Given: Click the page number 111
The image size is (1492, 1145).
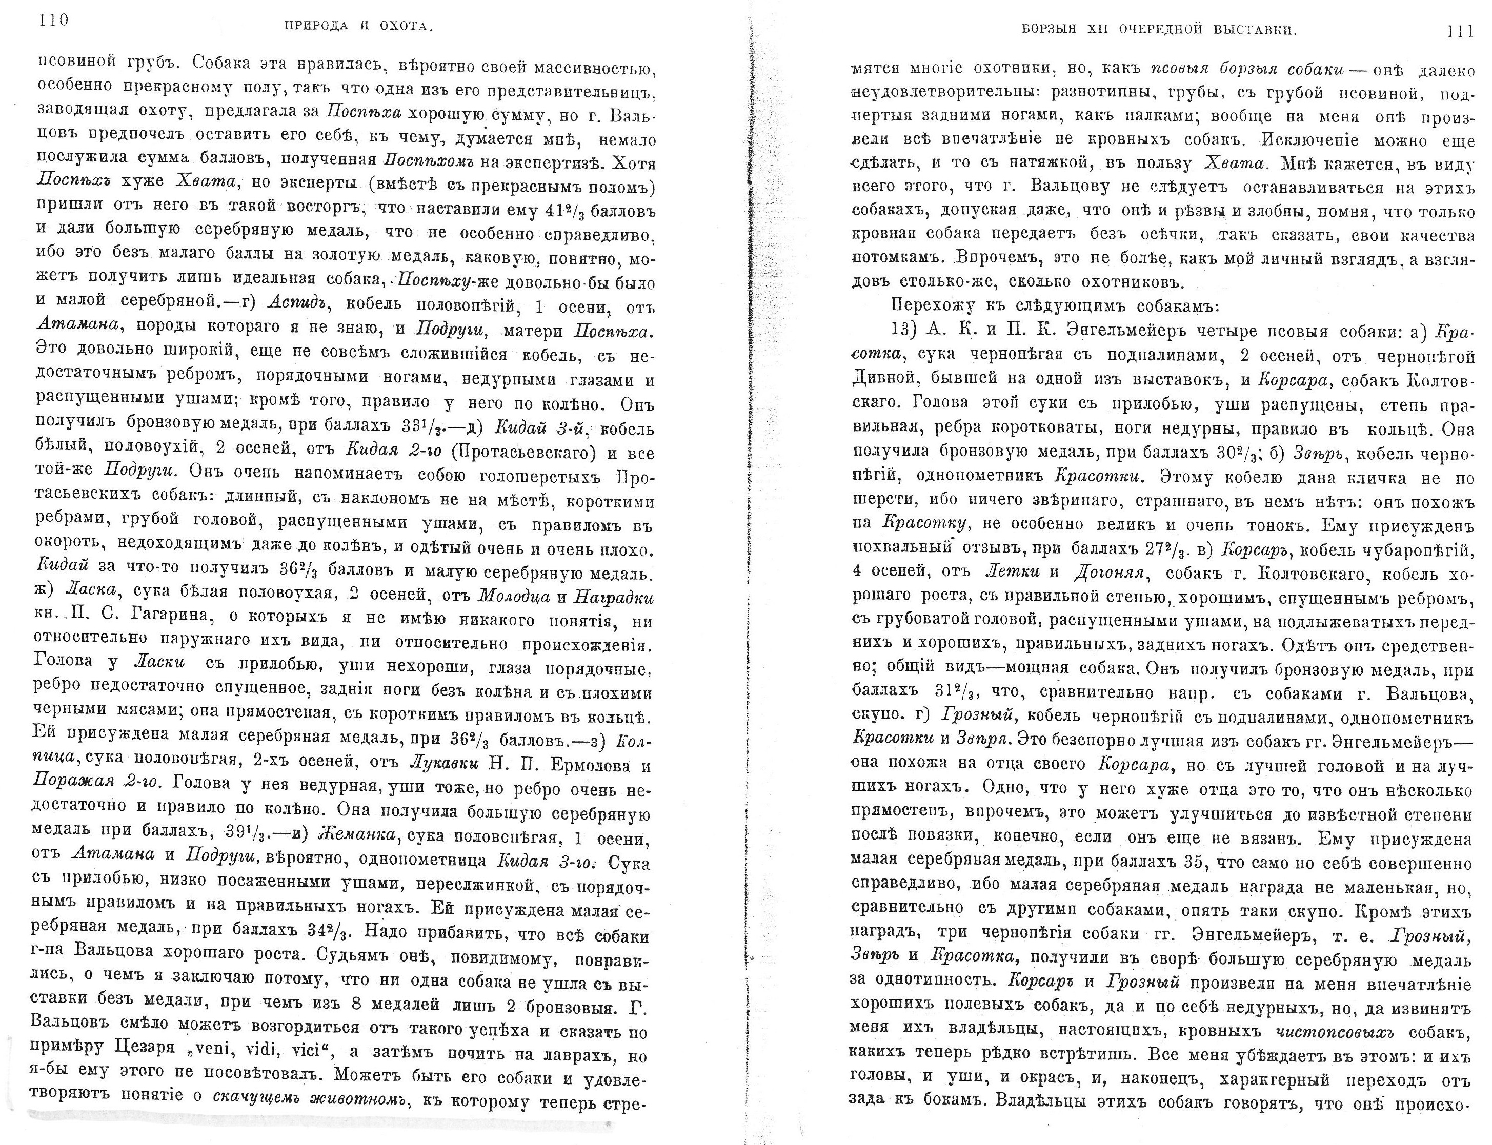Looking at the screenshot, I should [x=1454, y=31].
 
